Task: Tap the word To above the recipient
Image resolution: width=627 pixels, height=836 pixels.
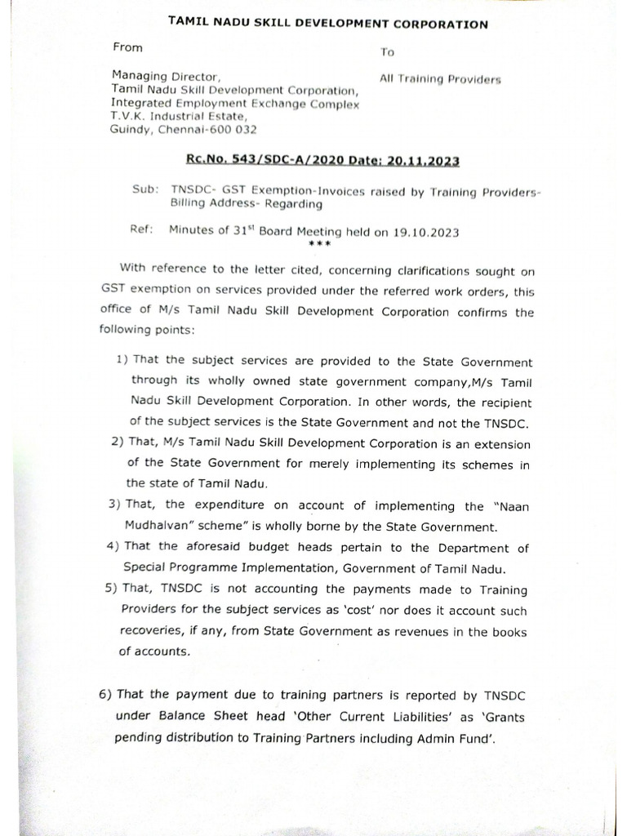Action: (x=387, y=52)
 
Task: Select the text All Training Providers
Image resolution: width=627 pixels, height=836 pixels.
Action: (x=440, y=79)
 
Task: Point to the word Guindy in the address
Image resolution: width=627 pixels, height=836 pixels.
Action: (x=130, y=129)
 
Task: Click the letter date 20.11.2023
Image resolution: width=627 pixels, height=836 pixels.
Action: (x=431, y=162)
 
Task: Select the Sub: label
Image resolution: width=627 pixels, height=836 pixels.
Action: (x=144, y=189)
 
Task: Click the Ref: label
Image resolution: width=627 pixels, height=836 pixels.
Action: (x=142, y=230)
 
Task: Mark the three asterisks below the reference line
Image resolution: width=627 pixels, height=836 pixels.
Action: (x=321, y=244)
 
